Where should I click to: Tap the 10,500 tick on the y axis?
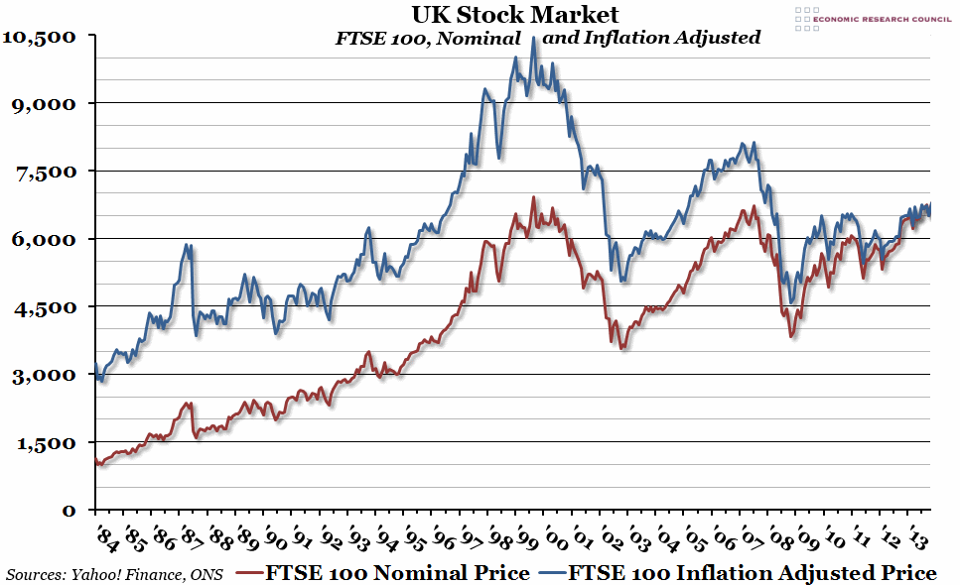[42, 36]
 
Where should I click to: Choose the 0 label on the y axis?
[69, 511]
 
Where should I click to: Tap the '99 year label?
[528, 538]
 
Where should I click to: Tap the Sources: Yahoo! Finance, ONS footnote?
[114, 574]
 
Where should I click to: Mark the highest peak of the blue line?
[534, 39]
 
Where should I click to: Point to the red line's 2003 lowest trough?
[622, 348]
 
